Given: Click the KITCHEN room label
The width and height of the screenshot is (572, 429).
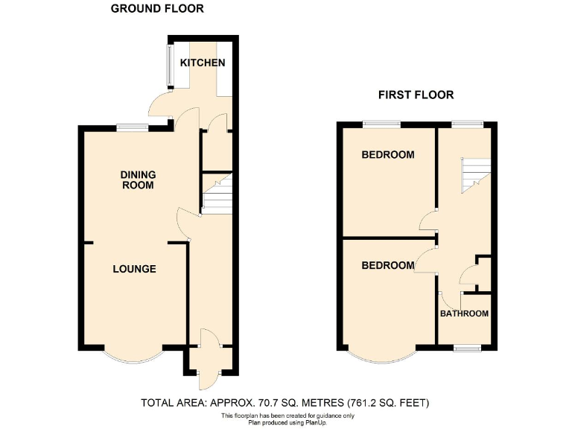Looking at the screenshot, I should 202,63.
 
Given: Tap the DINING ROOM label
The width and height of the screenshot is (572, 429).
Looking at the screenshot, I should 139,179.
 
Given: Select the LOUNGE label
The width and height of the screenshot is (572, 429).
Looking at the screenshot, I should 134,269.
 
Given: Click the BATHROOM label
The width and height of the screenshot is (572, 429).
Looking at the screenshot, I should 464,314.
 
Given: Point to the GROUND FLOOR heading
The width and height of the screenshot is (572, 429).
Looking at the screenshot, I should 157,9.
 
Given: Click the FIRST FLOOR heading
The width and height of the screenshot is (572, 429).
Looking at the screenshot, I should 416,95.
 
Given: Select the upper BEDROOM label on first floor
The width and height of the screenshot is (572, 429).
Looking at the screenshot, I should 387,155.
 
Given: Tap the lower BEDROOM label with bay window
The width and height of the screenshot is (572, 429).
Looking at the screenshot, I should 387,266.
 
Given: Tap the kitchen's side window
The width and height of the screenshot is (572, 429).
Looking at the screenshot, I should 169,67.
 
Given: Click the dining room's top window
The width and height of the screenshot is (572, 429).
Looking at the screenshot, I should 132,127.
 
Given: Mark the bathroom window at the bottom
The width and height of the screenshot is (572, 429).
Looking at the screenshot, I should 466,348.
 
